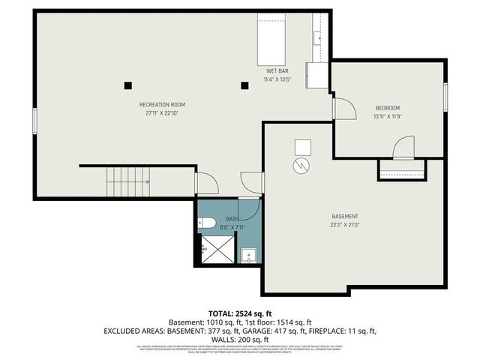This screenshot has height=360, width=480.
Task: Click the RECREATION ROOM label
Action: coord(162,104)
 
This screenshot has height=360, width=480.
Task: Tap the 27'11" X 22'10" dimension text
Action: coord(162,113)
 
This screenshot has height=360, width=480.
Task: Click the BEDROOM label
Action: coord(387,107)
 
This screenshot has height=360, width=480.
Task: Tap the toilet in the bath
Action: coord(206,223)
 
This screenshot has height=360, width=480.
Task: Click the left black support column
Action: coord(129,85)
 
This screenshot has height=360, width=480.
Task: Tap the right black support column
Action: coord(244,85)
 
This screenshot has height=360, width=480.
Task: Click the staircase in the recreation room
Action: coord(127,181)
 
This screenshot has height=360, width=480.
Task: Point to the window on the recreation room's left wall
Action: coord(34,122)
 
